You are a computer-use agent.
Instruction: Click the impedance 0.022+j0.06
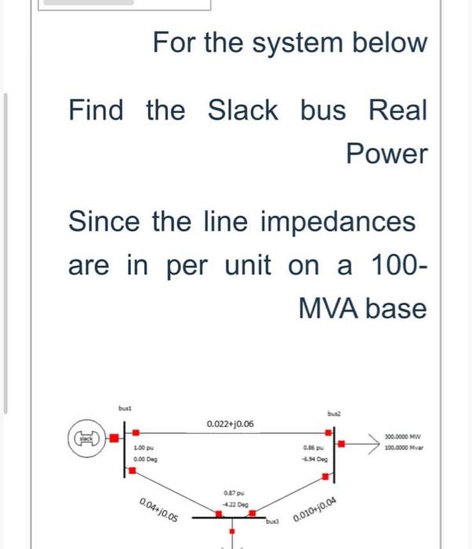tap(230, 424)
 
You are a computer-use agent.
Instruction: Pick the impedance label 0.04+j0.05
tap(157, 510)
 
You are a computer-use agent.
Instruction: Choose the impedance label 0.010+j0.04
tap(318, 510)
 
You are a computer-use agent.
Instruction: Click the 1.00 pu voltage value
tap(143, 448)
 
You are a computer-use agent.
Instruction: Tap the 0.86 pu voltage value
tap(315, 448)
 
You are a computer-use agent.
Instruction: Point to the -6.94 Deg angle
tap(317, 459)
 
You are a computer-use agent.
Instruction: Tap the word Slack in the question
tap(242, 111)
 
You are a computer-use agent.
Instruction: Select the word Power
tap(387, 155)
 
